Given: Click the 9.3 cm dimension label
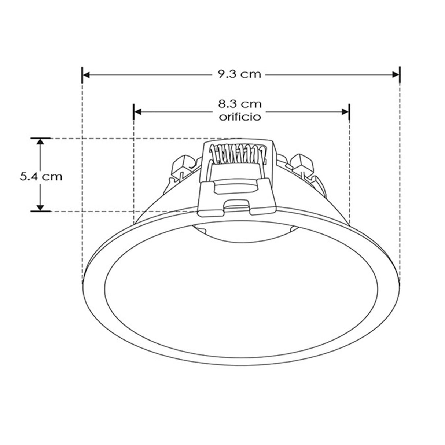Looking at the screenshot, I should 240,74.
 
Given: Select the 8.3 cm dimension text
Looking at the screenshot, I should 240,104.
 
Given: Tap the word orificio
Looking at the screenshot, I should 240,117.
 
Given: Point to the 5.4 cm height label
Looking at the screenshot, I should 41,176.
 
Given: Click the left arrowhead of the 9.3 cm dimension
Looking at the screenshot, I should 86,74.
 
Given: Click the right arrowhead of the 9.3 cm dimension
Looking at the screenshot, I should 396,74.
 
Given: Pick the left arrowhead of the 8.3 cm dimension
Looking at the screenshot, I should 137,111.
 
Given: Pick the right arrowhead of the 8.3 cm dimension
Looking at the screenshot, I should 346,111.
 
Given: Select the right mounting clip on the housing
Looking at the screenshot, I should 302,164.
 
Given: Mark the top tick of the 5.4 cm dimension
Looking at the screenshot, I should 41,138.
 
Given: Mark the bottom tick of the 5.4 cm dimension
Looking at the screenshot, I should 41,211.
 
